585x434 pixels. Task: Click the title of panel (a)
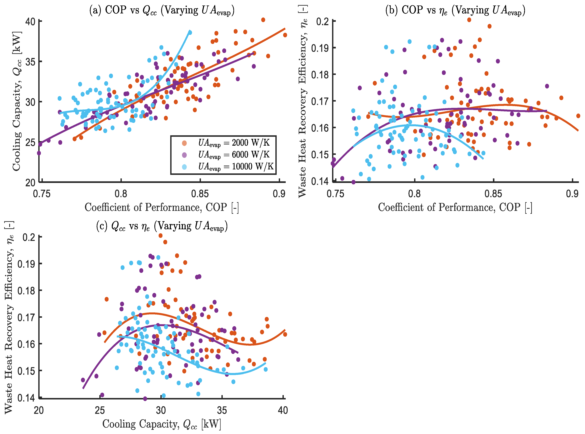pos(162,10)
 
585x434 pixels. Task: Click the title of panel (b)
pos(455,10)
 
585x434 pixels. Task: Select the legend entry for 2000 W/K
pos(233,143)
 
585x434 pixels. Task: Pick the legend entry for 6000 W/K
pos(233,155)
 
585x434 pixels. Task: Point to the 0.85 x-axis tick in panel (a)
pos(200,194)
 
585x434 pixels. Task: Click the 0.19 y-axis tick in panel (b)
pos(320,48)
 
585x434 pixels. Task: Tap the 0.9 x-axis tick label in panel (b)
pos(572,194)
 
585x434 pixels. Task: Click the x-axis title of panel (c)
pos(162,424)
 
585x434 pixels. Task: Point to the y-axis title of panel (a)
pos(16,101)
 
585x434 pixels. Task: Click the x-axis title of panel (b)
pos(455,207)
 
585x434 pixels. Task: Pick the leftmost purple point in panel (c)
pos(83,380)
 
